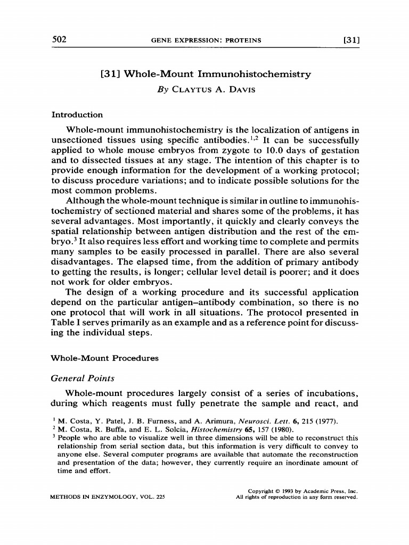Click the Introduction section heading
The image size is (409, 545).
tap(77, 114)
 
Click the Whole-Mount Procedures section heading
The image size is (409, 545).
tap(105, 358)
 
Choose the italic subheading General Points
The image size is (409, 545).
tap(83, 378)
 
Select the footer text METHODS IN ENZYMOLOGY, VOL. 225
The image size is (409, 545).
tap(108, 497)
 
